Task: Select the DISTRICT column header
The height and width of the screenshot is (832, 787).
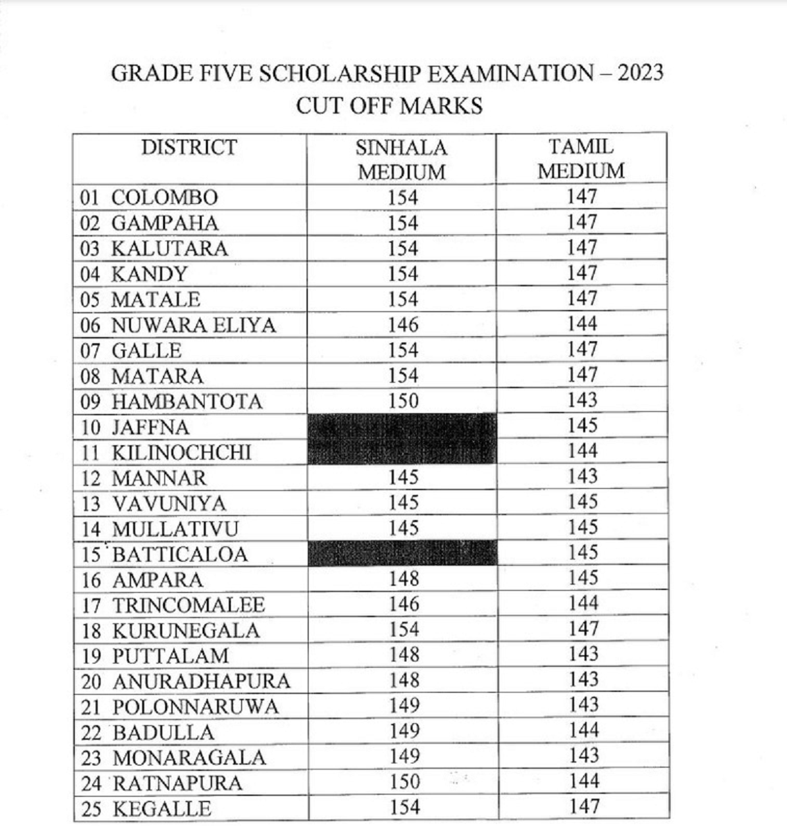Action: tap(189, 148)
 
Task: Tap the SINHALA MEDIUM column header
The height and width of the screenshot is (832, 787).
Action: tap(401, 159)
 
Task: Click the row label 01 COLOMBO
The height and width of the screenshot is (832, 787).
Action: tap(149, 198)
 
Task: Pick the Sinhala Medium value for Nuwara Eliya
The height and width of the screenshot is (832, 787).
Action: tap(403, 324)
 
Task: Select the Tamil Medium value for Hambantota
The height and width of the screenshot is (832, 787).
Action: tap(582, 400)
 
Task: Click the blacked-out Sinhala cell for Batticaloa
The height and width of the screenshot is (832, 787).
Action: tap(402, 553)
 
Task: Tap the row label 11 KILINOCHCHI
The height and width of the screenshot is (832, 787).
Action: tap(166, 453)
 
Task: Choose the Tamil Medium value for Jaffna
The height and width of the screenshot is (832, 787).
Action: tap(582, 426)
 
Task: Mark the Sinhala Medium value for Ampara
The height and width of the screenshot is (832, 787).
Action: tap(404, 578)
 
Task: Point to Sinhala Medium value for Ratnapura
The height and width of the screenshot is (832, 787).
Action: tap(404, 781)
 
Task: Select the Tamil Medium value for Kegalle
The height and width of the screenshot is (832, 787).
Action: tap(582, 806)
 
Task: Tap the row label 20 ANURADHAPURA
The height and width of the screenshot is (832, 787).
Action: tap(185, 682)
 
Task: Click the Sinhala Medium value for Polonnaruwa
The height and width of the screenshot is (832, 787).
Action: tap(404, 706)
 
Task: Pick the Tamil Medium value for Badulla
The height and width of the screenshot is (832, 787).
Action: tap(582, 731)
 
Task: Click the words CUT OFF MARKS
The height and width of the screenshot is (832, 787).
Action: tap(388, 106)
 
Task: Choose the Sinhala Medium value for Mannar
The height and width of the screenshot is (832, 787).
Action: tap(404, 477)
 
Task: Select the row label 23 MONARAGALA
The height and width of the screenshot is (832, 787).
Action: tap(173, 758)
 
